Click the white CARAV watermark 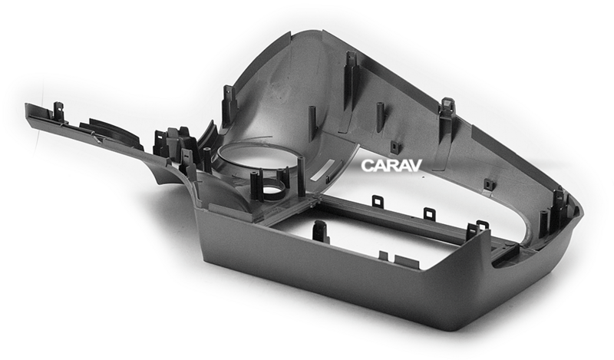(391, 165)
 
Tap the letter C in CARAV (367, 165)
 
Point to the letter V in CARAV (414, 165)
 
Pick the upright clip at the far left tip (58, 111)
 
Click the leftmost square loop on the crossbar (378, 200)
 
